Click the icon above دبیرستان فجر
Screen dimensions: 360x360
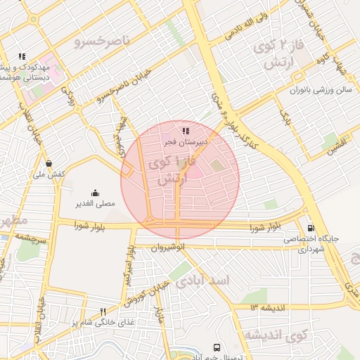point(185,131)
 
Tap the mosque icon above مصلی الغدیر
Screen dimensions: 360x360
point(95,193)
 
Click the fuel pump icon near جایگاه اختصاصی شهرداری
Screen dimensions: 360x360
point(311,228)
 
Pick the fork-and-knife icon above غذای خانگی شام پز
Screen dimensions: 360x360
point(103,311)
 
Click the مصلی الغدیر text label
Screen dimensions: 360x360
point(95,204)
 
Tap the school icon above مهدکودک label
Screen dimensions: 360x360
point(22,56)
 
